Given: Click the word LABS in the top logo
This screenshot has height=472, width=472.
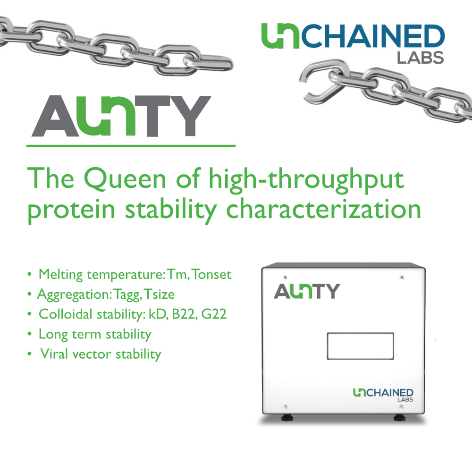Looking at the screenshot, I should (x=420, y=58).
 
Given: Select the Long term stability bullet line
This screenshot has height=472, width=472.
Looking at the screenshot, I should (x=94, y=335).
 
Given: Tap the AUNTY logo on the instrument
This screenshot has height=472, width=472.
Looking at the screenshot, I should (x=307, y=291).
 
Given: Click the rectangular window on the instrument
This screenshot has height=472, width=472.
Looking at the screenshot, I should (x=360, y=346).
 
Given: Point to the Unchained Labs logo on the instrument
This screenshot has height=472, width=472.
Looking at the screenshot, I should (x=383, y=394).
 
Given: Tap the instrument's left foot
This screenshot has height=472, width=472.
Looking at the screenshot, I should (x=286, y=417).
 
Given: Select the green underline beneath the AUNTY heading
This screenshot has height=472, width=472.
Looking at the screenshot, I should (x=131, y=146).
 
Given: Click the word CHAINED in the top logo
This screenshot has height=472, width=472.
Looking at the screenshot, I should (x=373, y=37).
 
